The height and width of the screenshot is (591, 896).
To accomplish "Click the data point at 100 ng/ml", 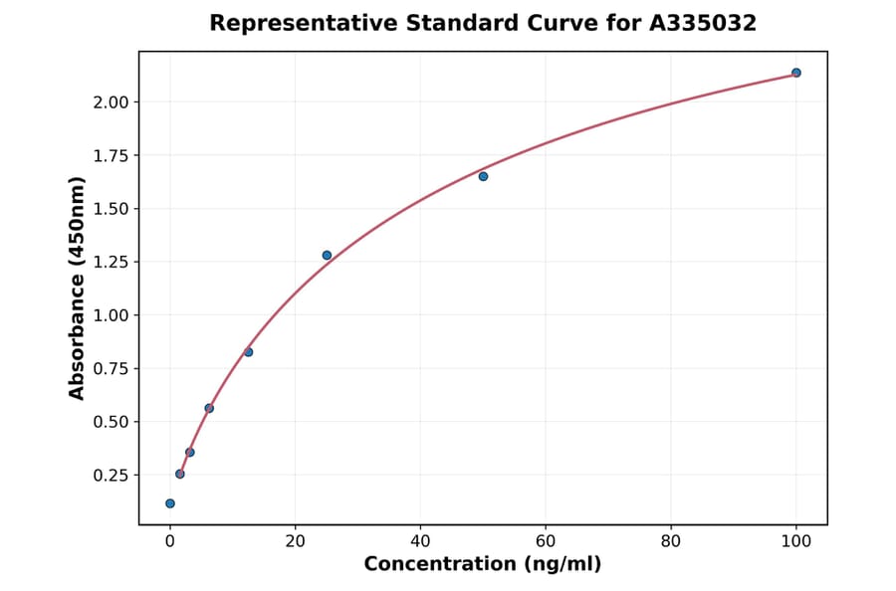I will click(x=795, y=73).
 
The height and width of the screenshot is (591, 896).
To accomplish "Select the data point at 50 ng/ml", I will click(x=483, y=176).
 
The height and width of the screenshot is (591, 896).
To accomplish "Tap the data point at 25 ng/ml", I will click(x=327, y=256).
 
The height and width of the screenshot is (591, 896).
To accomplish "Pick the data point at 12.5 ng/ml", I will click(x=248, y=352).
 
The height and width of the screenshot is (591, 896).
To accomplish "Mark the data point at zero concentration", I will click(x=170, y=503).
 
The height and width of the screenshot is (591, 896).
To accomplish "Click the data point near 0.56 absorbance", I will click(x=209, y=408).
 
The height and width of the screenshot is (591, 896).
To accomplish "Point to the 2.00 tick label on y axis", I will click(x=111, y=102).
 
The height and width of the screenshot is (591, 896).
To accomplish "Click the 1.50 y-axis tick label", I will click(x=111, y=209).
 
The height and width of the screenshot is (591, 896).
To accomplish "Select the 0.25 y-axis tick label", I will click(x=111, y=476).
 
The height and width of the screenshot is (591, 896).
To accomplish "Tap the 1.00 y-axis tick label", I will click(x=111, y=315).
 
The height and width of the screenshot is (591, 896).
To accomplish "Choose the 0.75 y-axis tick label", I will click(x=111, y=369).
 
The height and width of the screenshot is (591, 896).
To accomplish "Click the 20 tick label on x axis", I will click(x=295, y=541).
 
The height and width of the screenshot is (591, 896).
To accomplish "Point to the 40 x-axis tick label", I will click(x=420, y=541).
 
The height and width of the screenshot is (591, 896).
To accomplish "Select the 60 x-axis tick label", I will click(x=546, y=541).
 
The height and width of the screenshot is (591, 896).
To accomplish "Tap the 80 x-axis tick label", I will click(x=671, y=541).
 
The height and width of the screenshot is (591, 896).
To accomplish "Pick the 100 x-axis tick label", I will click(x=796, y=541).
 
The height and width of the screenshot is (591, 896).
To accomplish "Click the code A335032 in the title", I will click(x=703, y=23).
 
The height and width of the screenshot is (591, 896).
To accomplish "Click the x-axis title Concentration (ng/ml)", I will click(x=483, y=565).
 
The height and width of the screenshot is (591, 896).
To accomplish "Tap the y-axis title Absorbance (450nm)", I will click(x=78, y=288).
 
